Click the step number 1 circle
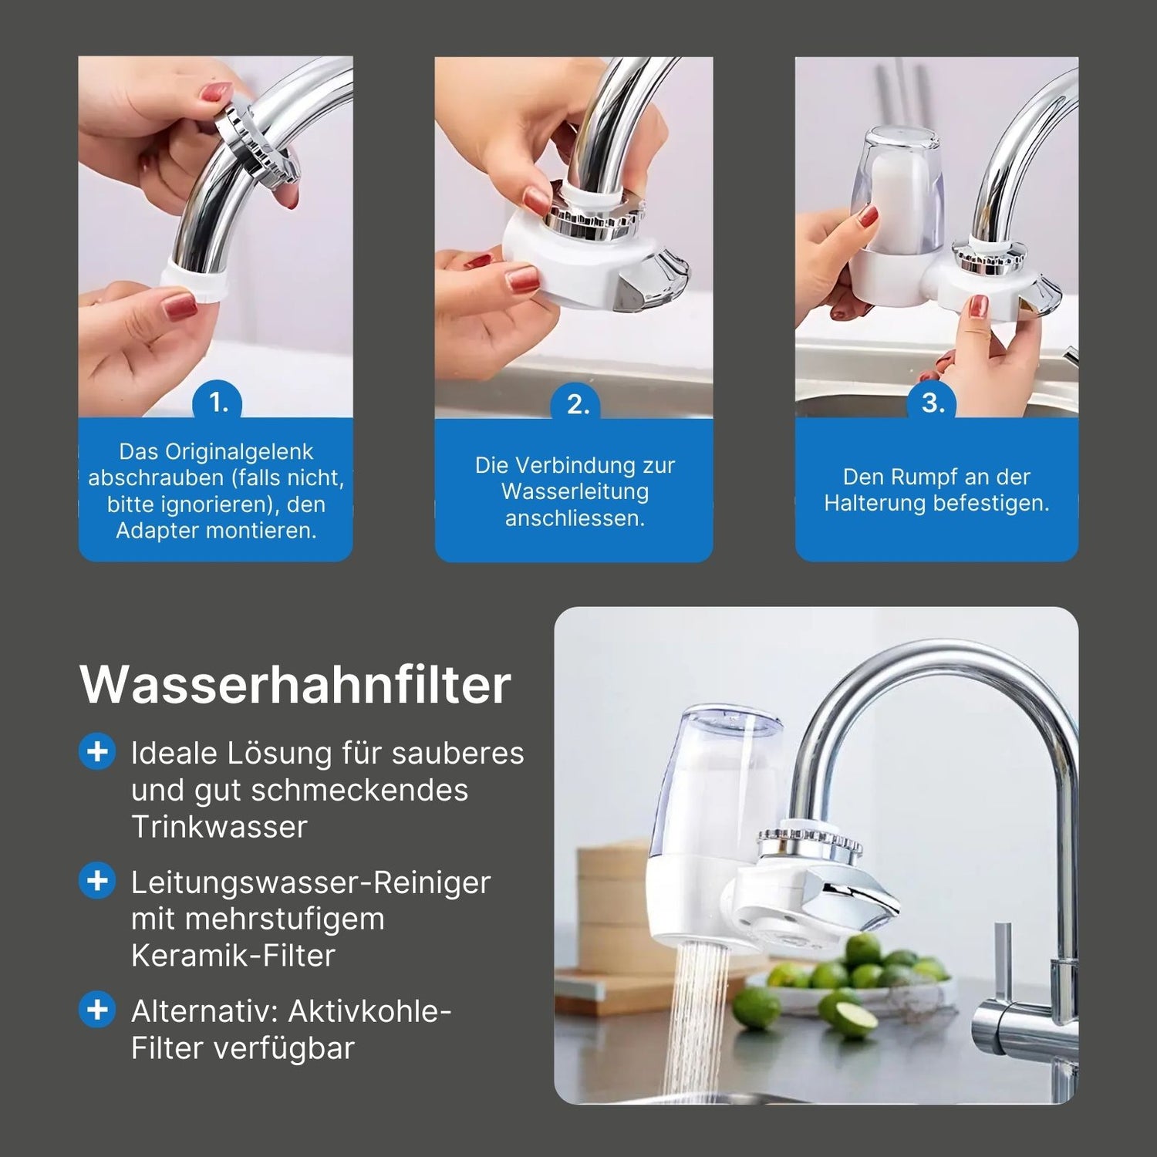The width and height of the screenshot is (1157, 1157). pyautogui.click(x=219, y=403)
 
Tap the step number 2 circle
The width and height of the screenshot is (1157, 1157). pyautogui.click(x=578, y=404)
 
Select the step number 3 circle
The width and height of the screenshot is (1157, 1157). pyautogui.click(x=933, y=403)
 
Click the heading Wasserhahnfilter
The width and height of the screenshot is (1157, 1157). pyautogui.click(x=295, y=684)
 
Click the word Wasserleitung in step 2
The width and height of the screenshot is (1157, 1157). pyautogui.click(x=575, y=491)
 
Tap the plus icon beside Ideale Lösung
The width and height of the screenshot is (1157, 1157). pyautogui.click(x=98, y=751)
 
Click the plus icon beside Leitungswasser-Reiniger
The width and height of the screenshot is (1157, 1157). pyautogui.click(x=98, y=880)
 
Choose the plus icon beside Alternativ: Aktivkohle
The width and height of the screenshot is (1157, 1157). pyautogui.click(x=98, y=1009)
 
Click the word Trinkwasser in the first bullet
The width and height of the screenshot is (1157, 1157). pyautogui.click(x=219, y=826)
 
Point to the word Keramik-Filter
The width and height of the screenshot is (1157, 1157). pyautogui.click(x=233, y=955)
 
